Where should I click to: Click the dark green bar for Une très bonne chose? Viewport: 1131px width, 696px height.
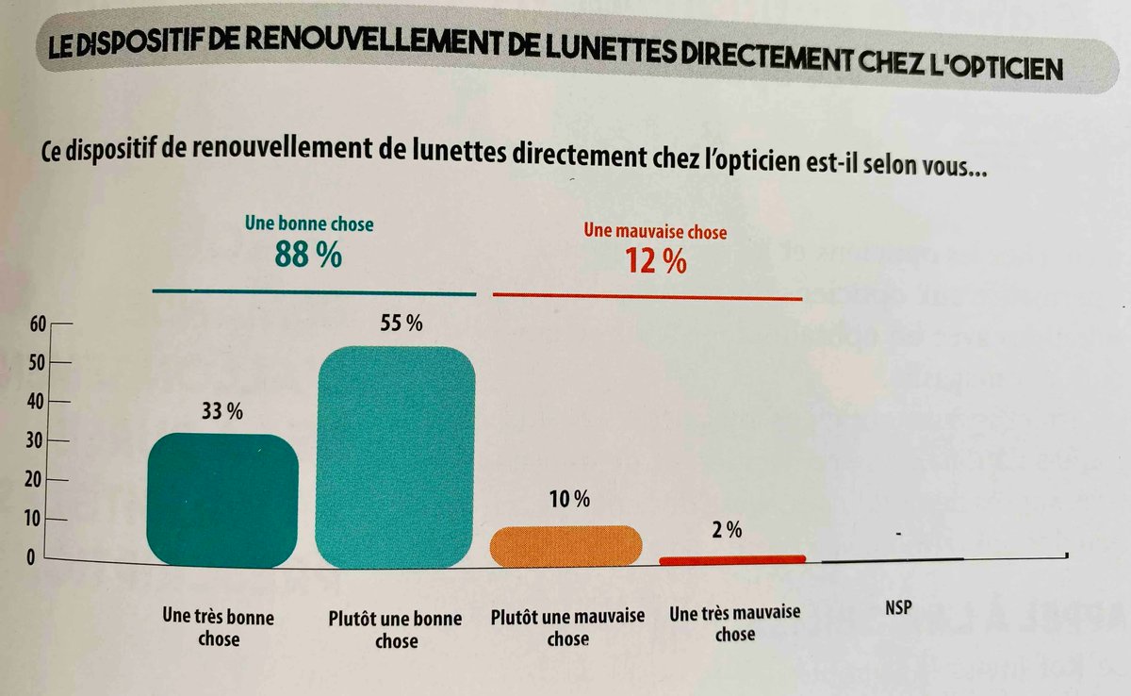point(223,501)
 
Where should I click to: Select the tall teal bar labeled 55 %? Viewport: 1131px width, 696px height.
point(396,458)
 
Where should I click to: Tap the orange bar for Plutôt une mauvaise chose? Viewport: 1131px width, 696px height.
point(567,547)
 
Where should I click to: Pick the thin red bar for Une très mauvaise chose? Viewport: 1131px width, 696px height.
point(733,559)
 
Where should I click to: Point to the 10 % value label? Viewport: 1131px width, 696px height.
point(569,500)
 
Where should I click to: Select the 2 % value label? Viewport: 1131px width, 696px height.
point(728,530)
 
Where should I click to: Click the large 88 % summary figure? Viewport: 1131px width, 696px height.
point(308,254)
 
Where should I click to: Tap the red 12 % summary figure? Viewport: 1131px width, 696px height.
point(656,261)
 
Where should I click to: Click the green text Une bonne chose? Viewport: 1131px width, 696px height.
point(309,224)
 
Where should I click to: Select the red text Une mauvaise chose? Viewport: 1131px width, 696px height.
point(655,231)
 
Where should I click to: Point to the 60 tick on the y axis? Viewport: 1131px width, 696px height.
point(38,323)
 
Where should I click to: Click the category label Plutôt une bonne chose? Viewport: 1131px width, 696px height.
point(396,629)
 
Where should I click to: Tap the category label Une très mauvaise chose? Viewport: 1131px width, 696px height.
point(735,622)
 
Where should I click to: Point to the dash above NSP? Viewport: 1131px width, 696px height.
point(900,535)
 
